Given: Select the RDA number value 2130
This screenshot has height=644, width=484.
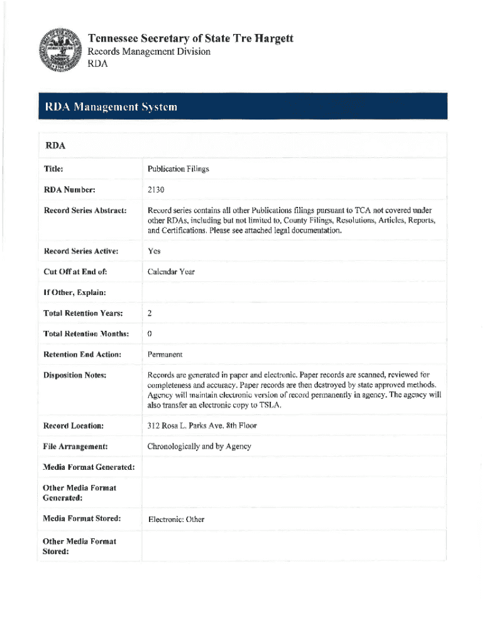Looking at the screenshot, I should [157, 189].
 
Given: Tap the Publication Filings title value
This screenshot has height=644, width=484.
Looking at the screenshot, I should [178, 169].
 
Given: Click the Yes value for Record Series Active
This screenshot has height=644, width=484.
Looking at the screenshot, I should [154, 251].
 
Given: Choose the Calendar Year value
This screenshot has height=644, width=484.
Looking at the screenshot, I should [171, 272].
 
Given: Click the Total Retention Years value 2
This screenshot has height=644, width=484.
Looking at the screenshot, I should [150, 313].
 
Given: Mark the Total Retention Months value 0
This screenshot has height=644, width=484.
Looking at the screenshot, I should [150, 333].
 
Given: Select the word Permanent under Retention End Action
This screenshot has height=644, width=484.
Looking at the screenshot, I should [165, 355].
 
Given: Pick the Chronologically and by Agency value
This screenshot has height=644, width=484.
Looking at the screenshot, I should [199, 447].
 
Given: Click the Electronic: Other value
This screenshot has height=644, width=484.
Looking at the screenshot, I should [176, 519].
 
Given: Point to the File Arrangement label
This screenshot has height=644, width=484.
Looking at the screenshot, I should [75, 447].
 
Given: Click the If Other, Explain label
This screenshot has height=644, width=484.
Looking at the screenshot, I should [74, 292].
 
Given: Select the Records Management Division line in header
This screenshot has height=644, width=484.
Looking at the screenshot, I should [148, 52].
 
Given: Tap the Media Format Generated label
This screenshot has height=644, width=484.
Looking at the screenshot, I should [89, 467].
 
